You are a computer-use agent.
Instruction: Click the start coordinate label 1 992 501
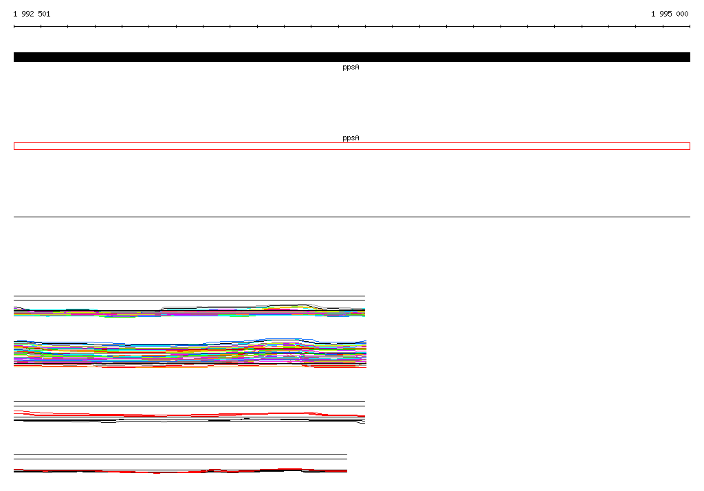click(32, 14)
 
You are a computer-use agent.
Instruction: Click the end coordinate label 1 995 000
click(670, 14)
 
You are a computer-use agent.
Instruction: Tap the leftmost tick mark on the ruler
click(14, 27)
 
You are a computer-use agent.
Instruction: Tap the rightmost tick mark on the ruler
click(690, 27)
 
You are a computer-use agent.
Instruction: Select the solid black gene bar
click(351, 57)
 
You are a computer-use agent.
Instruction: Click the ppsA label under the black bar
click(351, 67)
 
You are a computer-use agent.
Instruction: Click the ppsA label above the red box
click(351, 138)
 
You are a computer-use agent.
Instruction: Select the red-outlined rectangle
click(351, 143)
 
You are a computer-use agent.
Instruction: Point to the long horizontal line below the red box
click(351, 217)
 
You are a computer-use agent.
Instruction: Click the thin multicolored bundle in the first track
click(190, 312)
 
